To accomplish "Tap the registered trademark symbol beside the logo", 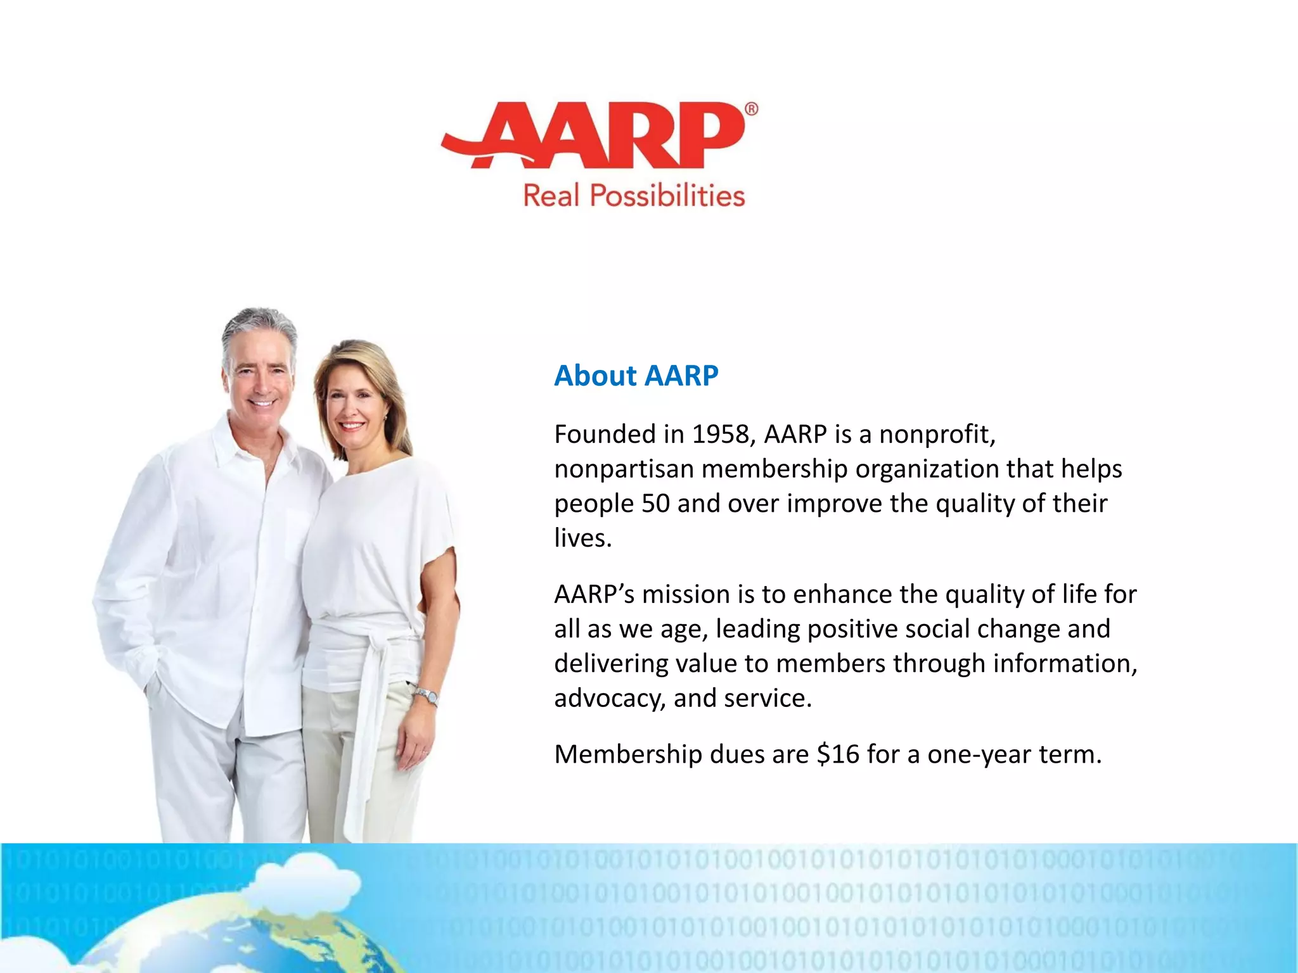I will (750, 109).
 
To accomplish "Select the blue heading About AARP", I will (636, 375).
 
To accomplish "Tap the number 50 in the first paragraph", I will (655, 504).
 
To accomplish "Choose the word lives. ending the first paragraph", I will (582, 538).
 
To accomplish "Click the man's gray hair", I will (259, 326).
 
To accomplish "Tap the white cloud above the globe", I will (304, 881).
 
